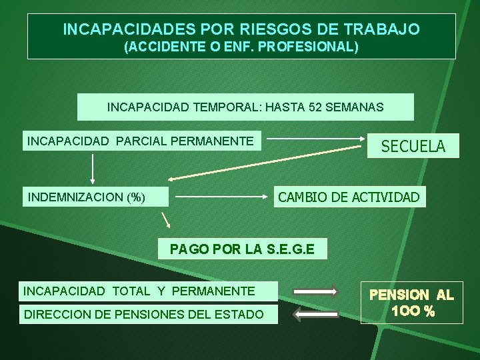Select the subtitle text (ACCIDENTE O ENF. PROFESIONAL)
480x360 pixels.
241,48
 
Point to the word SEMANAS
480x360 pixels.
355,107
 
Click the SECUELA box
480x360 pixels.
413,145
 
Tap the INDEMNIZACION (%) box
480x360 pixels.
87,197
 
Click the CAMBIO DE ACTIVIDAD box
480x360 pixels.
349,197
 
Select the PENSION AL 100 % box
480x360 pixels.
411,303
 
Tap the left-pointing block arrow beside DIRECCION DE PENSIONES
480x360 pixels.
316,314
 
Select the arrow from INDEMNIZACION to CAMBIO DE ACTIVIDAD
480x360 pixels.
222,197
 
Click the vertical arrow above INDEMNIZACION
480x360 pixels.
93,168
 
